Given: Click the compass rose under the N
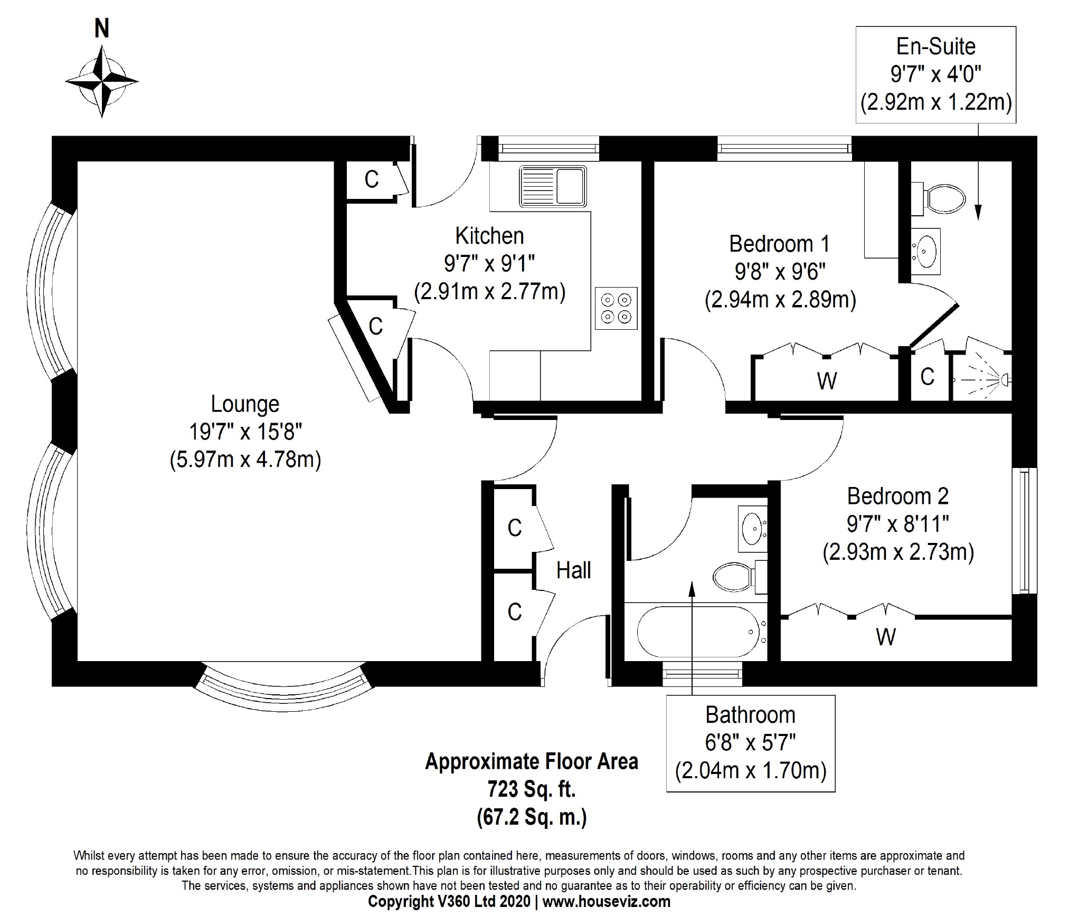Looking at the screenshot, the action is point(101,82).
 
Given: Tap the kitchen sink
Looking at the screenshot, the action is point(553,186).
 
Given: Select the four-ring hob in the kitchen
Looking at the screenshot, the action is point(616,308).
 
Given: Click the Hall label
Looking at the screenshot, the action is point(573,570).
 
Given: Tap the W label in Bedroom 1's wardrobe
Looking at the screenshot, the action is point(827,380).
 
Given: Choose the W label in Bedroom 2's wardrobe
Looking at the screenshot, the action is point(885,637).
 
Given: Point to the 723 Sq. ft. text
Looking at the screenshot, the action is point(532,790).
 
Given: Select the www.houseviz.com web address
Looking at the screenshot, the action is point(607,902).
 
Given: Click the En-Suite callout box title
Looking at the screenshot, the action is point(936,46).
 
